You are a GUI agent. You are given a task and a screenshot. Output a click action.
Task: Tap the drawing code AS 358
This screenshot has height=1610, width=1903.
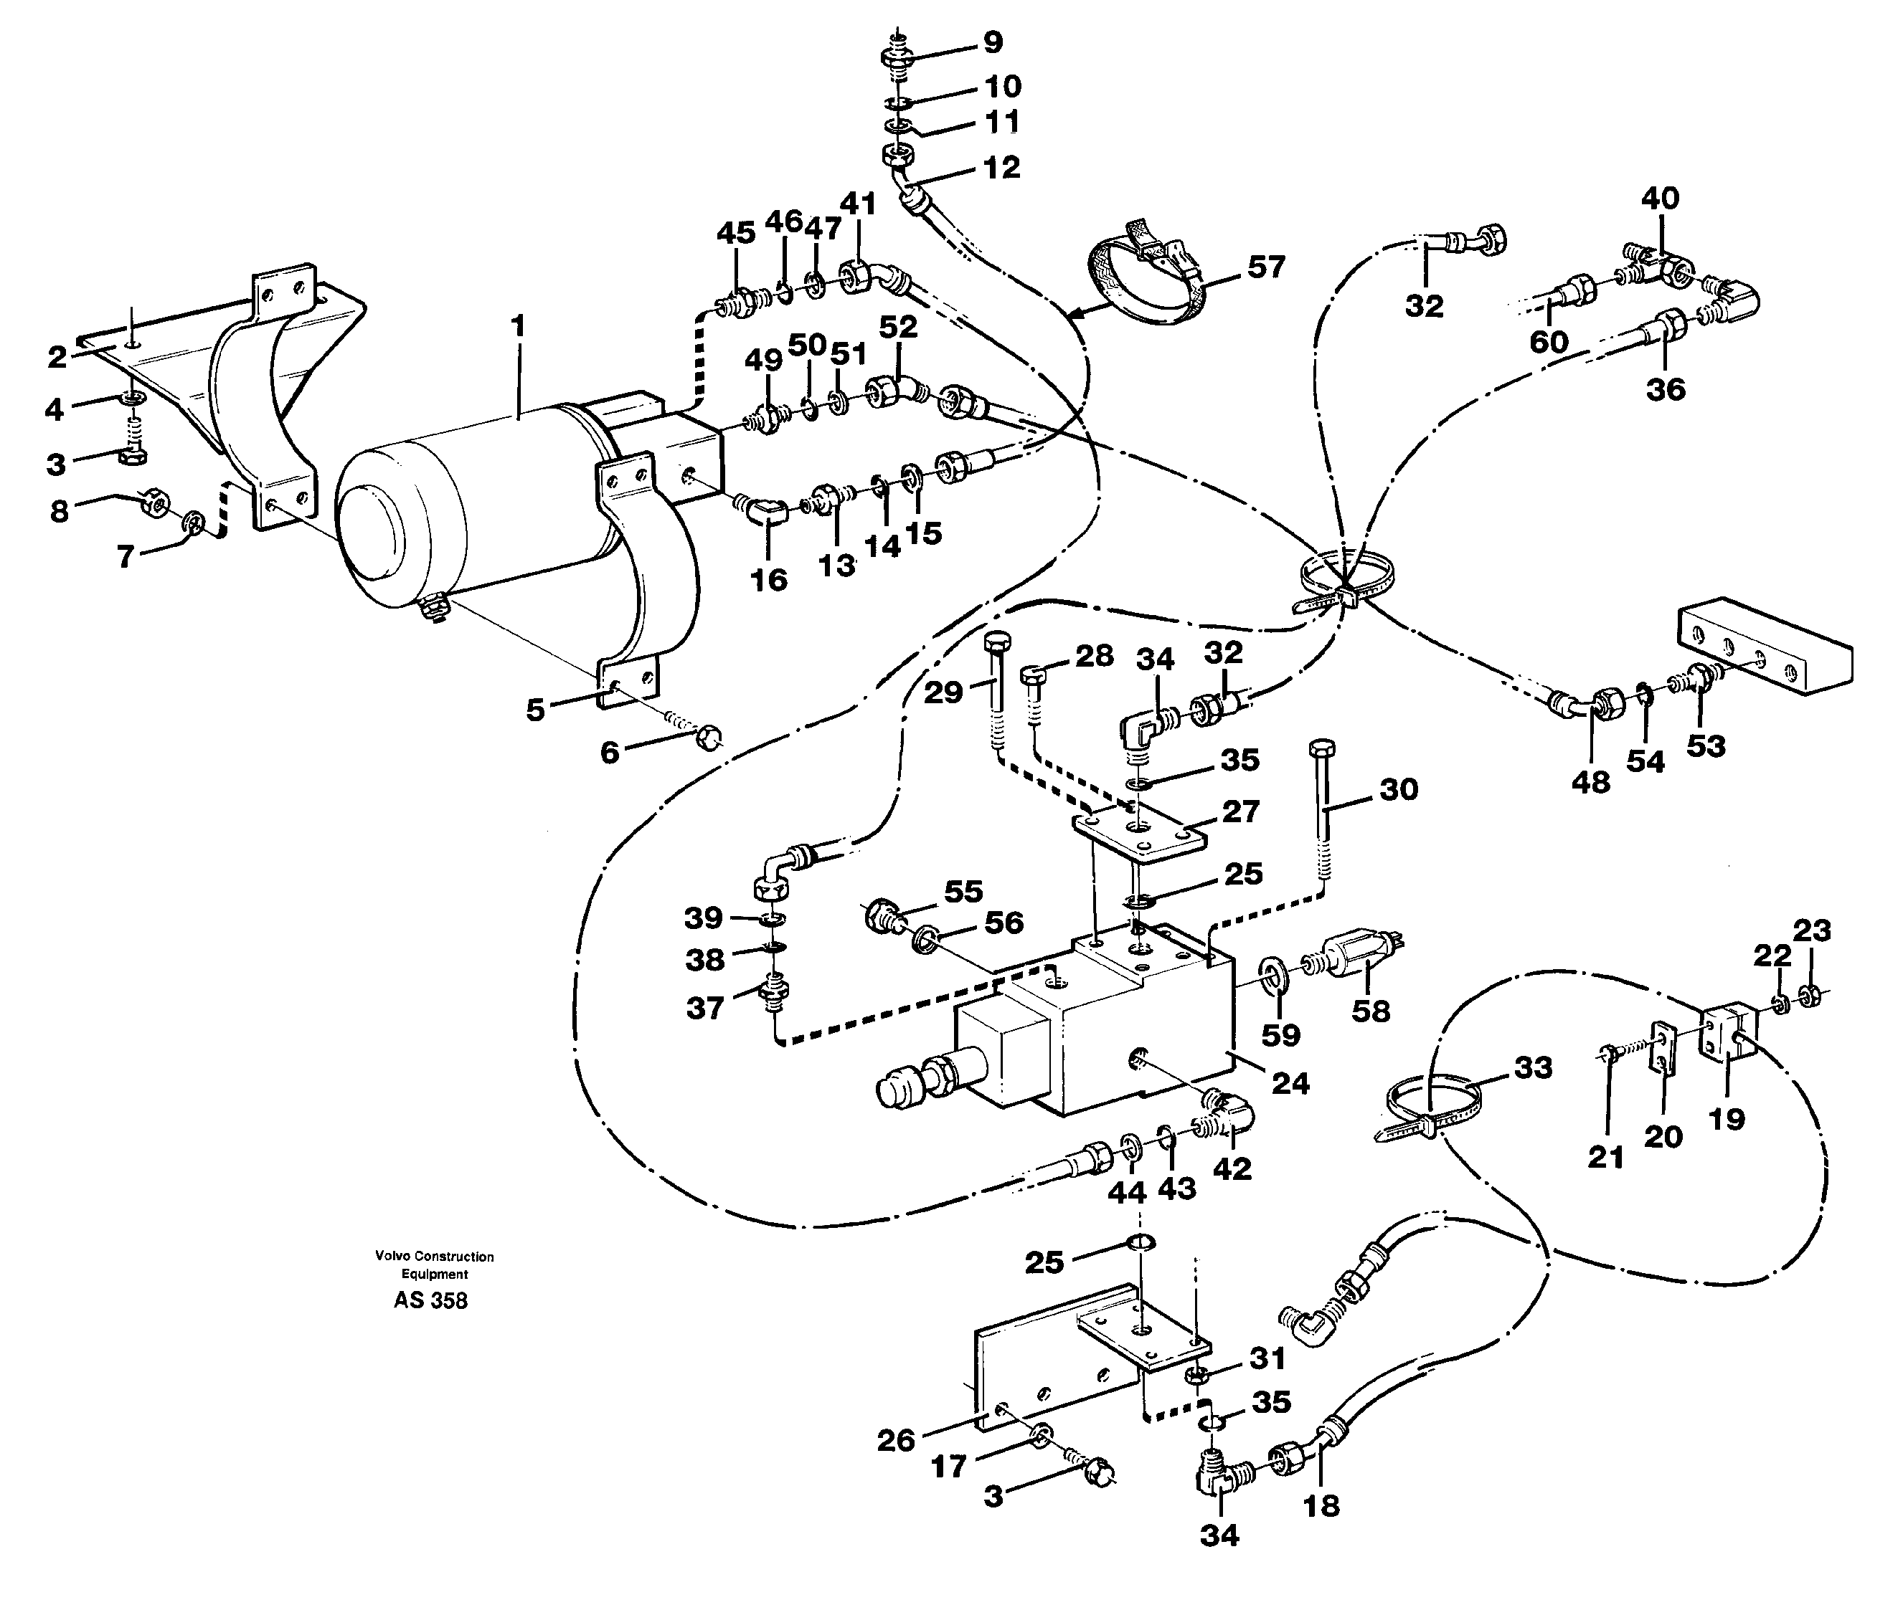tap(430, 1300)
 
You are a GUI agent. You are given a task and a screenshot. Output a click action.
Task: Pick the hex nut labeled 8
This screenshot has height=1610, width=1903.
tap(154, 502)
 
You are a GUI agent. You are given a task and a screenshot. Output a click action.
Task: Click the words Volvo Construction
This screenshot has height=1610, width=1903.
tap(434, 1257)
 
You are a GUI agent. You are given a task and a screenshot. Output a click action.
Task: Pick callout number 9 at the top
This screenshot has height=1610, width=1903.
tap(993, 42)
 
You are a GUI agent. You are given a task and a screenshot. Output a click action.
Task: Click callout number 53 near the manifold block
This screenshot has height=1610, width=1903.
tap(1705, 746)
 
